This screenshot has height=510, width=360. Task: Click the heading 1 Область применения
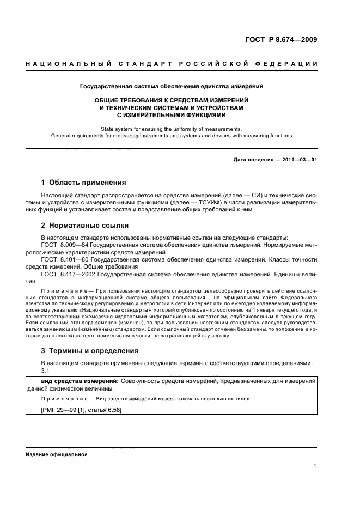coord(84,183)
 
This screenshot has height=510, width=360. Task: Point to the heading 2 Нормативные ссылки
coord(85,225)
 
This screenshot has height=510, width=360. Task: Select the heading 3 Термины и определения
coord(90,351)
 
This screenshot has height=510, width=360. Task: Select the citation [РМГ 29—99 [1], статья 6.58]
coord(81,410)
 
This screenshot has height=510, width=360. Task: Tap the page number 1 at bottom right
coord(315,466)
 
